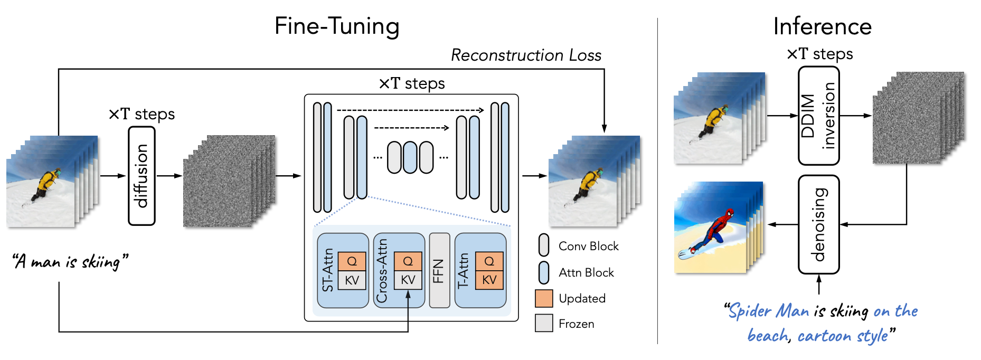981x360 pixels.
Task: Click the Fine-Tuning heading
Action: point(337,26)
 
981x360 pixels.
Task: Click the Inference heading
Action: point(822,26)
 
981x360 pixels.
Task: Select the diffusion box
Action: point(142,176)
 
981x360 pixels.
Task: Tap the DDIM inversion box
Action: point(818,116)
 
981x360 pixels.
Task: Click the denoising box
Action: point(818,224)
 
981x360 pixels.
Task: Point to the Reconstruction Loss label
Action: point(526,55)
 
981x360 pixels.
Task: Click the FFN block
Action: point(439,270)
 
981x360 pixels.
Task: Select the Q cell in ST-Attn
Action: point(352,261)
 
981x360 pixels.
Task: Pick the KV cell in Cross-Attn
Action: point(408,280)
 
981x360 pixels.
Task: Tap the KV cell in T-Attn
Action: point(489,280)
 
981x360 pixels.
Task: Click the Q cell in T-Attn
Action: point(489,261)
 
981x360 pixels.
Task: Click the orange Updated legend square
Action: point(544,298)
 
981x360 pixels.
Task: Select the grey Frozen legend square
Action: point(544,323)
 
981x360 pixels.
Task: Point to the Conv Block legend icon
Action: point(544,245)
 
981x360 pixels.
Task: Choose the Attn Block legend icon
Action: point(544,272)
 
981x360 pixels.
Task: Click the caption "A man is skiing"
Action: point(70,261)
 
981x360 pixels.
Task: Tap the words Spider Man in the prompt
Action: point(769,311)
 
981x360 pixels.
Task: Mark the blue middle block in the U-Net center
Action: point(410,157)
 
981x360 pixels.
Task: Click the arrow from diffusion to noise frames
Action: point(169,176)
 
